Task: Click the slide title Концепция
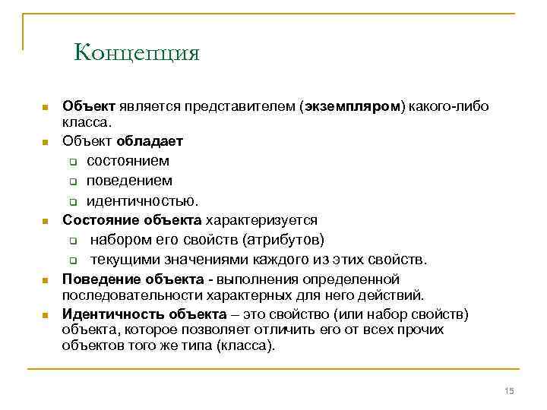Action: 137,53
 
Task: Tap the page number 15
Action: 509,390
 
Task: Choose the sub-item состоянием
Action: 128,161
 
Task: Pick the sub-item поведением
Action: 129,181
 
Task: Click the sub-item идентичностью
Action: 142,201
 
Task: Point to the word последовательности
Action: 126,295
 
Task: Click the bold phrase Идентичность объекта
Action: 144,314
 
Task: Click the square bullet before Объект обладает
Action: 46,142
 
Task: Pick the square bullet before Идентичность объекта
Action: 46,315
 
